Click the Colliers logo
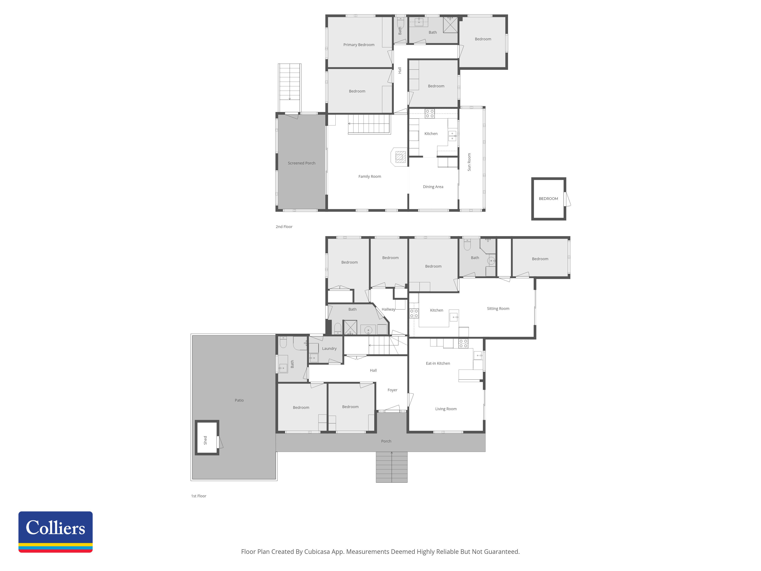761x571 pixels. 55,532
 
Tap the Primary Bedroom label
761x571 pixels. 359,45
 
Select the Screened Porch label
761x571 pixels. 301,163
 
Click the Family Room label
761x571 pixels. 369,177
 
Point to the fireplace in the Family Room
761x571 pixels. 399,157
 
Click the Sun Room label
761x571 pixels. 469,162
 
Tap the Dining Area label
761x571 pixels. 433,187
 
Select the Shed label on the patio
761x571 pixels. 205,440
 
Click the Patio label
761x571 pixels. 239,400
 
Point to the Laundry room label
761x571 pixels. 329,349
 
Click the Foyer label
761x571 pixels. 392,390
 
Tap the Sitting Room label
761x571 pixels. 498,309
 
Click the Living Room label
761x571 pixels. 446,409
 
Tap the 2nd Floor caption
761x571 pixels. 284,227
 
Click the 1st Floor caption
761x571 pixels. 198,496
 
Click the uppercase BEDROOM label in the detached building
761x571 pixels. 548,199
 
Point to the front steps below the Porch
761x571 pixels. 392,467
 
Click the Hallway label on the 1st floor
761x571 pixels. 388,309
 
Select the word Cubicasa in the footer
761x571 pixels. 317,552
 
